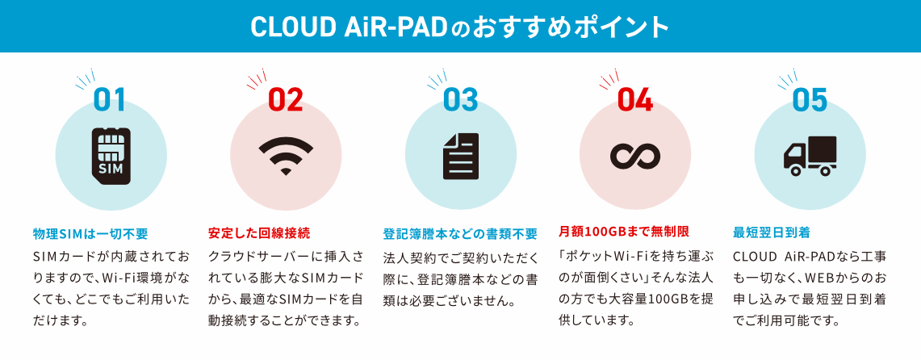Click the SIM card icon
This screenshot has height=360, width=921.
coord(111,155)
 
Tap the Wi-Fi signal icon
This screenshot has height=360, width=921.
coord(286,155)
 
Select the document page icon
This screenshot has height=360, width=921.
coord(460,156)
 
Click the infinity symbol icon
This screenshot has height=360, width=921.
coord(635,156)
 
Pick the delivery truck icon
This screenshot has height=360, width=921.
coord(810,157)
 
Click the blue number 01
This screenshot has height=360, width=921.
coord(110,100)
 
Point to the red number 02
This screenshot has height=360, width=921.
coord(286,100)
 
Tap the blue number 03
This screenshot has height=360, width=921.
coord(460,100)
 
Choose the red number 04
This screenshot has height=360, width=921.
coord(635,100)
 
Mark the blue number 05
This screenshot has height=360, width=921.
coord(810,100)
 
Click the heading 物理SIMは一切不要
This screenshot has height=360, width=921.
coord(90,234)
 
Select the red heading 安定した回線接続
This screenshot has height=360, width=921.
coord(259,234)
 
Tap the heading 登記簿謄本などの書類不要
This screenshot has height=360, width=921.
coord(460,234)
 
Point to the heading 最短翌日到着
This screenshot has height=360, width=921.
coord(771,232)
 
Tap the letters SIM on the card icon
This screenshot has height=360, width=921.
coord(111,169)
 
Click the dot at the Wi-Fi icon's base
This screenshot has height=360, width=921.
coord(286,171)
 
